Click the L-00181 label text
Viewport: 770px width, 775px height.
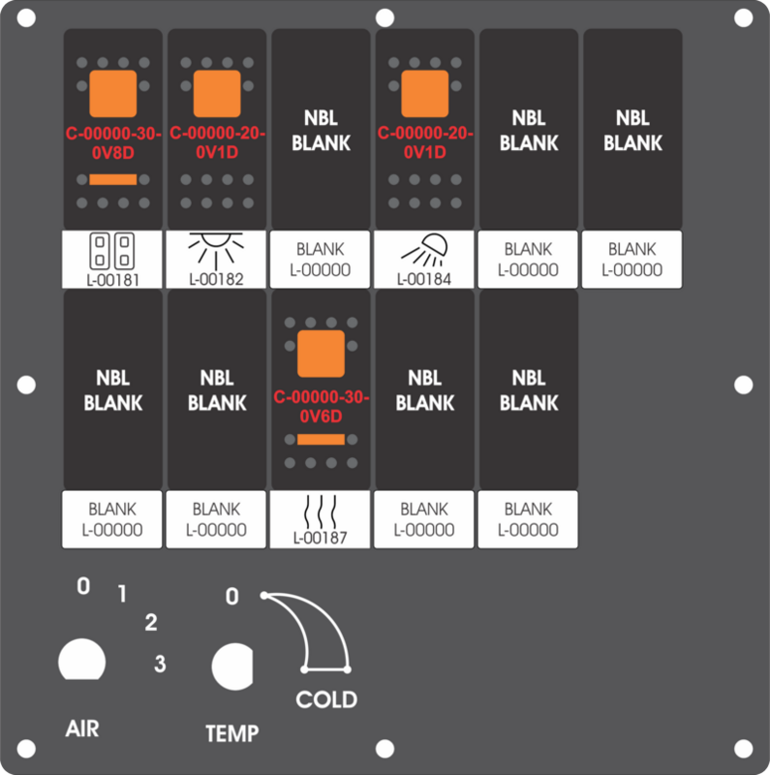click(x=112, y=280)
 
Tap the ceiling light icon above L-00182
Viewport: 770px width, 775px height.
click(x=216, y=251)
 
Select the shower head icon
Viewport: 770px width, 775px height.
click(x=424, y=250)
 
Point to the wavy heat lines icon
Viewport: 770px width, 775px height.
click(x=321, y=511)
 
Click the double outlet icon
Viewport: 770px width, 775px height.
click(x=112, y=251)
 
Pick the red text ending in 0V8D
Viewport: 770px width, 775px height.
click(x=113, y=143)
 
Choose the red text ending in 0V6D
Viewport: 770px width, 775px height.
click(x=322, y=406)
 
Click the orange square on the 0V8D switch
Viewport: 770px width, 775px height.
click(x=113, y=93)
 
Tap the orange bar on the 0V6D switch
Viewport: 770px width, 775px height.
click(x=321, y=440)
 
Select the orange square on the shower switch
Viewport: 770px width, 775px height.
click(x=425, y=93)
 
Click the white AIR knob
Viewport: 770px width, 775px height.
click(x=82, y=660)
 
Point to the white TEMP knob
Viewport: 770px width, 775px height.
click(x=232, y=666)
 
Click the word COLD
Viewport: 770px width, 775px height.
click(x=326, y=699)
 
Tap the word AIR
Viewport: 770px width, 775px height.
click(x=82, y=729)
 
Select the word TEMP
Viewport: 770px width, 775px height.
click(x=232, y=733)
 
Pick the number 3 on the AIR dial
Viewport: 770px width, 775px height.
click(x=160, y=664)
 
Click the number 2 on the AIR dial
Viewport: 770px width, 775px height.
click(x=151, y=622)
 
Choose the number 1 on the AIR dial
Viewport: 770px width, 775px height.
click(x=122, y=594)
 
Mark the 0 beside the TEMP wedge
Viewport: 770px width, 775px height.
click(x=232, y=597)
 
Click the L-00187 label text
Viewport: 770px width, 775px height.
click(x=321, y=538)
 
